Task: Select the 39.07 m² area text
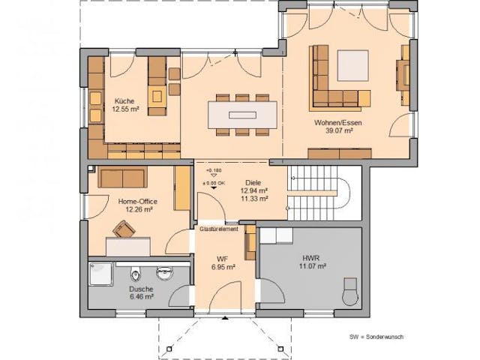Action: (x=334, y=130)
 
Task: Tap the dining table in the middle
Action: (x=241, y=115)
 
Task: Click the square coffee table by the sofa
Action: (x=352, y=65)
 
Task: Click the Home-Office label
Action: (x=135, y=201)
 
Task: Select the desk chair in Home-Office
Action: (x=122, y=229)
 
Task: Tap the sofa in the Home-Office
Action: (x=121, y=178)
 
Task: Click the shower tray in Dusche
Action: (x=102, y=275)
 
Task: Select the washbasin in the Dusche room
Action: (x=160, y=271)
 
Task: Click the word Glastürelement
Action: (x=219, y=229)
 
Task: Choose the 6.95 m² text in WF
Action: (x=223, y=267)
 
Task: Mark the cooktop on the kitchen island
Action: (x=157, y=95)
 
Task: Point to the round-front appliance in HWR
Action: (x=350, y=291)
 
